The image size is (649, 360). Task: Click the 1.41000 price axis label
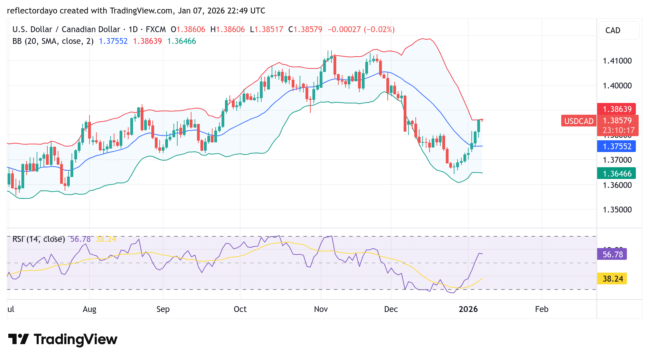(x=617, y=61)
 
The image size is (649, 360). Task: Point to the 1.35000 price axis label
(x=617, y=210)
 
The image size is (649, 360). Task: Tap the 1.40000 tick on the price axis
(x=617, y=86)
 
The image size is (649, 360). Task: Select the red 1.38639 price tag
(x=617, y=109)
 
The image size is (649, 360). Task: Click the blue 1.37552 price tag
(x=617, y=146)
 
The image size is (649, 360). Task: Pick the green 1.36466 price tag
(x=617, y=174)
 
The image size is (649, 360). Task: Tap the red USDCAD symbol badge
(x=579, y=121)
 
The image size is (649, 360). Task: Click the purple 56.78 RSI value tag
(x=612, y=255)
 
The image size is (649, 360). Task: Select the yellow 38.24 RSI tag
(x=612, y=279)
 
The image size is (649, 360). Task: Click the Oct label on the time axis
(x=240, y=309)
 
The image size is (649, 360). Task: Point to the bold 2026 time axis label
(x=468, y=309)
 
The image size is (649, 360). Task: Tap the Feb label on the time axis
(x=541, y=309)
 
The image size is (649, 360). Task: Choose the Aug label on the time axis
(x=90, y=309)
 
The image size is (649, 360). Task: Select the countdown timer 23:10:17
(x=618, y=130)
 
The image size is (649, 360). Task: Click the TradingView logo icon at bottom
(x=18, y=339)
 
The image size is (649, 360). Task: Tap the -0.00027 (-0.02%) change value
(x=361, y=29)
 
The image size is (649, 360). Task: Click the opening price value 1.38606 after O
(x=191, y=29)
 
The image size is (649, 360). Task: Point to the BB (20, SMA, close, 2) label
(x=53, y=41)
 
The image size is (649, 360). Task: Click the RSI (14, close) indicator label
(x=39, y=239)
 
